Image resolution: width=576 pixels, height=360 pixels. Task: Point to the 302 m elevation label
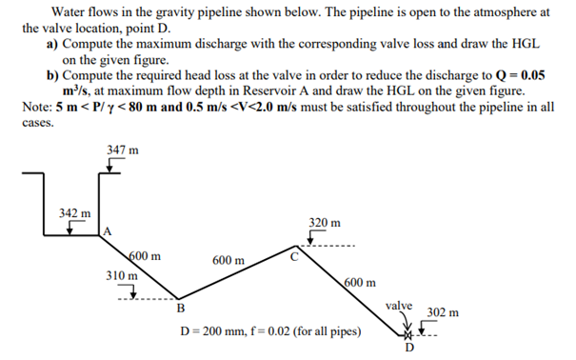tap(444, 311)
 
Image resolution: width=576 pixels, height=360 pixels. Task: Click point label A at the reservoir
tap(108, 230)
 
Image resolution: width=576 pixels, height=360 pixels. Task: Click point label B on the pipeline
tap(180, 307)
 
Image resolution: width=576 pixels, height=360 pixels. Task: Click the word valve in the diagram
tap(401, 306)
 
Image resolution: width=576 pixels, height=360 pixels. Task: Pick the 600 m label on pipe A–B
tap(145, 255)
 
